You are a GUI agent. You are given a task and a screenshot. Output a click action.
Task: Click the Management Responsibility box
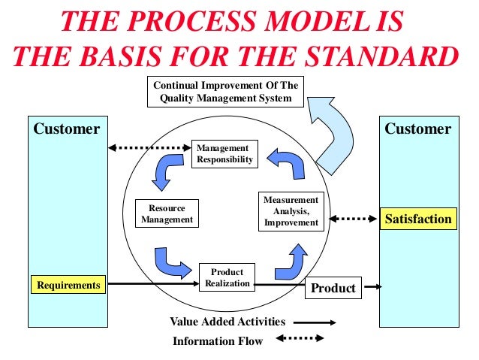tap(224, 154)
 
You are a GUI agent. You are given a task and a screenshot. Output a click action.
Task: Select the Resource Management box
tap(166, 213)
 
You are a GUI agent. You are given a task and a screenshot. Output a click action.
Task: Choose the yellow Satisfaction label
tap(418, 219)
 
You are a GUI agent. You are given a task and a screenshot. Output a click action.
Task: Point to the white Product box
tap(333, 288)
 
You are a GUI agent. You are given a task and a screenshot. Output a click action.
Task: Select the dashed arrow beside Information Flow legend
tap(306, 339)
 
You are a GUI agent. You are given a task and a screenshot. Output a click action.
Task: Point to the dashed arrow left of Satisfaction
tap(353, 219)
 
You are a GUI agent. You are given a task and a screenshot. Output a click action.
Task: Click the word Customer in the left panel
tap(66, 129)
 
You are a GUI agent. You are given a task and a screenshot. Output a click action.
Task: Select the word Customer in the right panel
tap(417, 129)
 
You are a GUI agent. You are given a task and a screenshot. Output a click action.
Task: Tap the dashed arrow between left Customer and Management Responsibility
tap(149, 148)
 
